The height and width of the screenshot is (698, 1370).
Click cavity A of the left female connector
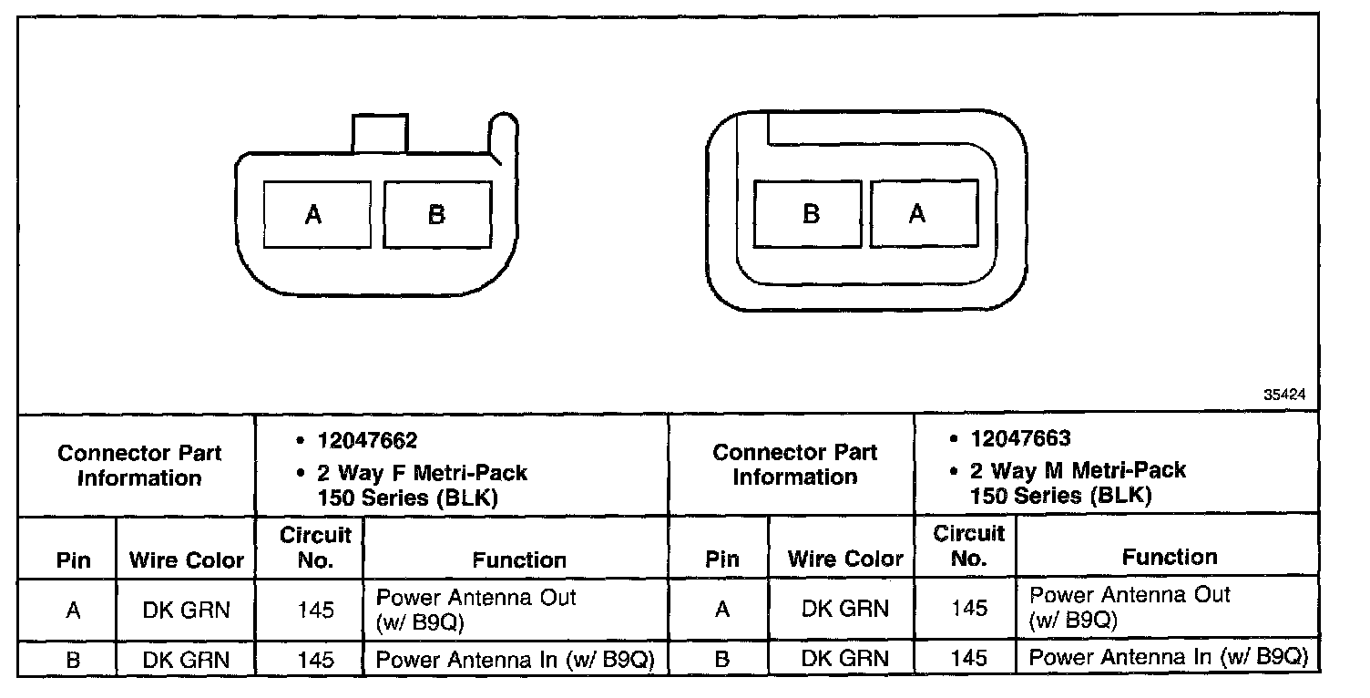coord(315,215)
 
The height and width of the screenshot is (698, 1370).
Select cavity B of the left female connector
coord(437,215)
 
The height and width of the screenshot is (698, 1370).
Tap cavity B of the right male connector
coord(809,213)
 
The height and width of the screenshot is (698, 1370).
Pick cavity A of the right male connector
coord(924,213)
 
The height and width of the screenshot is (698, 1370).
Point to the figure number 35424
coord(1284,395)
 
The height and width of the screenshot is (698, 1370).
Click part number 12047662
coord(367,441)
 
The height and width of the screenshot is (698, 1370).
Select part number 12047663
coord(1020,439)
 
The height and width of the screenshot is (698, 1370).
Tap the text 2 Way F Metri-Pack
coord(422,473)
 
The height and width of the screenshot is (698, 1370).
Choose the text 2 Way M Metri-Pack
coord(1078,471)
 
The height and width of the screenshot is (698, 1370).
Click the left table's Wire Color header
coord(187,559)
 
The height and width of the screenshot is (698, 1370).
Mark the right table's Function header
coord(1170,557)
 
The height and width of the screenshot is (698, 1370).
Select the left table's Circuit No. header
coord(315,547)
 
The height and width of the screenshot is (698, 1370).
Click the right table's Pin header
coord(722,559)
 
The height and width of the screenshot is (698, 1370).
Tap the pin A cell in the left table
coord(73,610)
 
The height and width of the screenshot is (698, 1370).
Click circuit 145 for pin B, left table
coord(315,660)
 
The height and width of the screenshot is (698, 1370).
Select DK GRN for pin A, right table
coord(844,609)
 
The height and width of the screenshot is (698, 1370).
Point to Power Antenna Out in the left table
coord(476,598)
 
